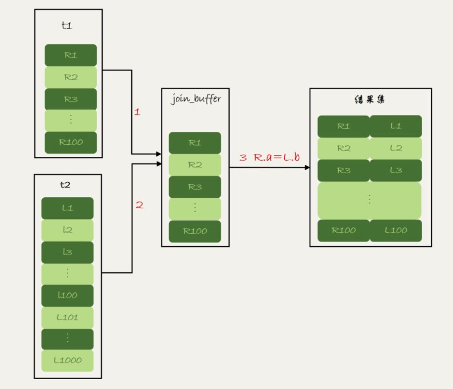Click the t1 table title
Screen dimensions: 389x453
click(67, 26)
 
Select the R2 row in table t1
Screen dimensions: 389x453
click(71, 77)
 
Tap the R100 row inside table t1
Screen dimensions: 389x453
click(71, 143)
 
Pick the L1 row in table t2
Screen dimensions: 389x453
click(67, 208)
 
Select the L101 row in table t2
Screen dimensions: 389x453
click(67, 317)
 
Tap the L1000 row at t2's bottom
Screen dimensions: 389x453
click(67, 361)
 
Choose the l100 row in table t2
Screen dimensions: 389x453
click(67, 296)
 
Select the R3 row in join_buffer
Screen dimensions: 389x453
click(195, 187)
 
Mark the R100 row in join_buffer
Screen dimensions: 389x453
click(195, 231)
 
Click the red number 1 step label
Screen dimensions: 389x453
click(137, 113)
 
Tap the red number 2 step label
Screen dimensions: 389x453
click(139, 205)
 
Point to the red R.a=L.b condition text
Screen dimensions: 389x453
click(276, 157)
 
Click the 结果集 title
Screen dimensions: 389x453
click(371, 100)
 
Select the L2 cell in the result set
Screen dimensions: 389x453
click(396, 148)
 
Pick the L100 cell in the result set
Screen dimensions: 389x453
click(396, 230)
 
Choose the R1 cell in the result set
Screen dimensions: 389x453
click(343, 126)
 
